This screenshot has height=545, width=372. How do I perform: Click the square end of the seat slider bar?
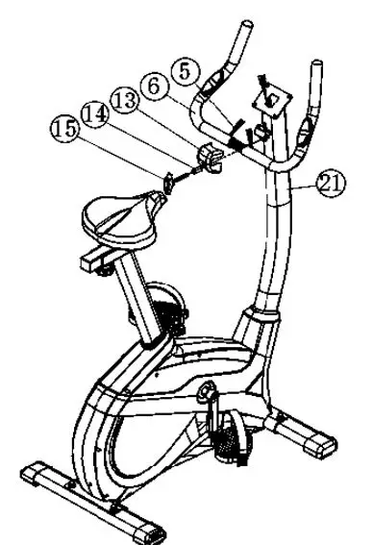click(90, 260)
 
